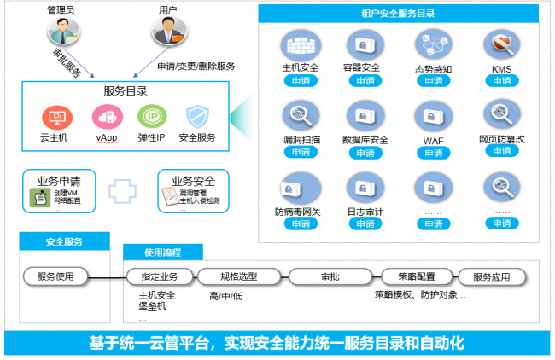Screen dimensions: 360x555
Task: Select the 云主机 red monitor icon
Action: [56, 116]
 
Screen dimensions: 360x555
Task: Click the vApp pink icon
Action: [106, 116]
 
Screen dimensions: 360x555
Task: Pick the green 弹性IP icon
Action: [152, 116]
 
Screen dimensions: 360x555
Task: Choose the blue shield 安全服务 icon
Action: [197, 116]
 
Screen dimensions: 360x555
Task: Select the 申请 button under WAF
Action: [434, 153]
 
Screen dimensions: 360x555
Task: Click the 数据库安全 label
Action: [366, 139]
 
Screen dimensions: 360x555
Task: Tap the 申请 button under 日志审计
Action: [366, 224]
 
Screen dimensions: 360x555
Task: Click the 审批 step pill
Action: [329, 276]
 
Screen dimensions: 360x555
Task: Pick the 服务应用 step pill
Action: [491, 276]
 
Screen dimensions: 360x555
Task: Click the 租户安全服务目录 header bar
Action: [400, 14]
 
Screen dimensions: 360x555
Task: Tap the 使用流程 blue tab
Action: [163, 253]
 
